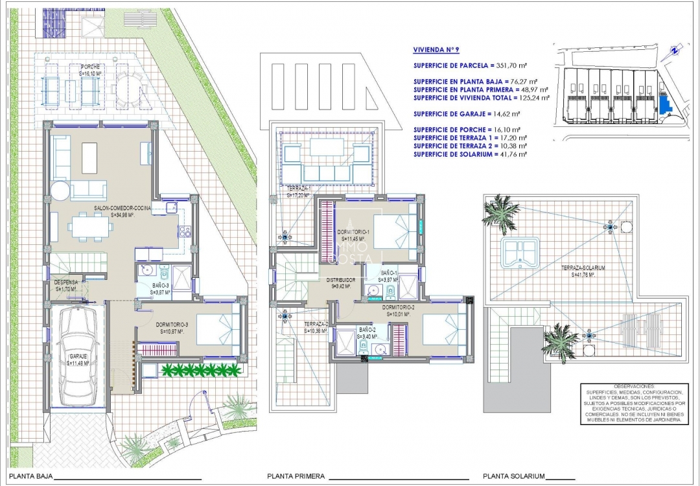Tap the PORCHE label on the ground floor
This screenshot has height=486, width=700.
(x=90, y=67)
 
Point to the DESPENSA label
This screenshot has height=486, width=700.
(x=66, y=283)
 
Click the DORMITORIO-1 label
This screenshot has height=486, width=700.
(x=353, y=232)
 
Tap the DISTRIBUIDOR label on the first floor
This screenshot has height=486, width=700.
(x=340, y=279)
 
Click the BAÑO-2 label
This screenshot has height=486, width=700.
(x=367, y=330)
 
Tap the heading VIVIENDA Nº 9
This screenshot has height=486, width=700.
(x=437, y=49)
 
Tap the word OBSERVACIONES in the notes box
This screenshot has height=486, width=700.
(x=634, y=386)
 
